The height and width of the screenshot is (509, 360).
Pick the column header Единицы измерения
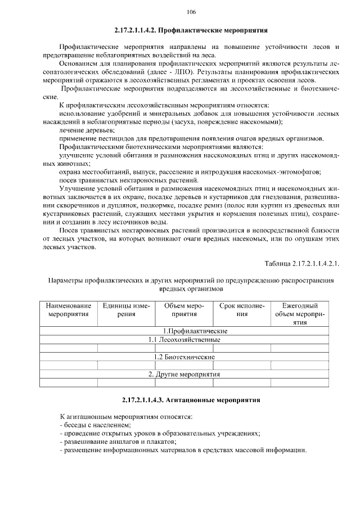126,310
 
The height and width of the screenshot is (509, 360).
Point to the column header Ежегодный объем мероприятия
299,314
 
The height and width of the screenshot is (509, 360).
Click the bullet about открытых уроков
160,434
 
